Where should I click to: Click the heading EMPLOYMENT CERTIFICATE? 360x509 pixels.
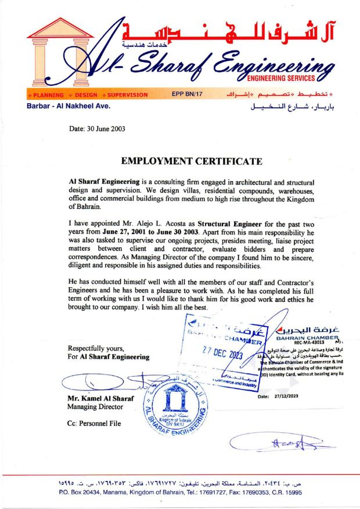point(191,161)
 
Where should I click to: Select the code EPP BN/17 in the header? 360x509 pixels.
point(186,94)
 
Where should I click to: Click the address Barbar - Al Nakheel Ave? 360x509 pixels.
point(69,106)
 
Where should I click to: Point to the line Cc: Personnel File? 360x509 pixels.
point(94,424)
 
